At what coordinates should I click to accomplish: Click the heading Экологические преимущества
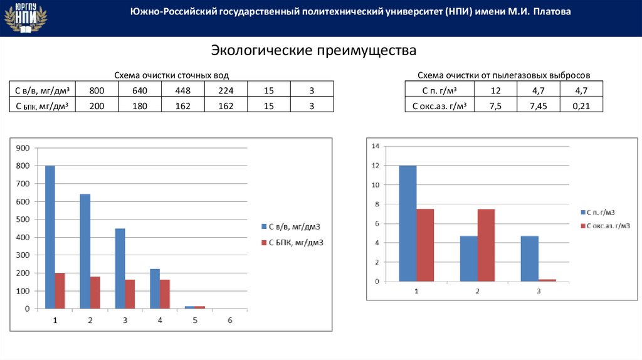click(313, 50)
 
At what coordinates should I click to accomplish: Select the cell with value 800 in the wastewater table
click(97, 91)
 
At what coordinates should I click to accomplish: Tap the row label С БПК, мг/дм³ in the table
click(41, 106)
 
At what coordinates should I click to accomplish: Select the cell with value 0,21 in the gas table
click(581, 106)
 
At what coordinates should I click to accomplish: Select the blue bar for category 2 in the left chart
click(85, 251)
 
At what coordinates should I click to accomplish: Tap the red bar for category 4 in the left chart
click(165, 294)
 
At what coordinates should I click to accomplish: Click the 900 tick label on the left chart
click(23, 148)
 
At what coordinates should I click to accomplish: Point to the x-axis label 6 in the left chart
click(229, 320)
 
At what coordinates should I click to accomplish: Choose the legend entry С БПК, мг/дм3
click(295, 241)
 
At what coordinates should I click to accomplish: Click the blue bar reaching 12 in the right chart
click(407, 223)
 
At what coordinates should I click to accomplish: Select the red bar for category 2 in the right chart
click(486, 245)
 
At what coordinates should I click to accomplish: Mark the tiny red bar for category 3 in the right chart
click(547, 280)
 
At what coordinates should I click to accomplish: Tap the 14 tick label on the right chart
click(376, 146)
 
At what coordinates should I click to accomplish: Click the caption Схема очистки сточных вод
click(171, 75)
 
